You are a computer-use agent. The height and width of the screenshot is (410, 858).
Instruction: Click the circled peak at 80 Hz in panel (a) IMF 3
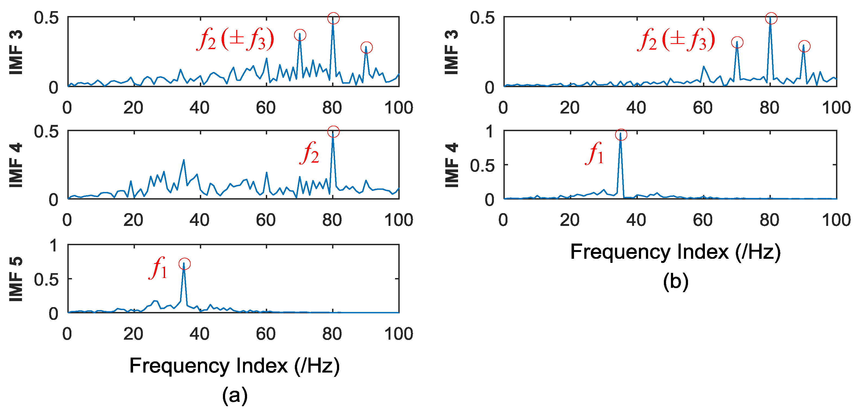[333, 18]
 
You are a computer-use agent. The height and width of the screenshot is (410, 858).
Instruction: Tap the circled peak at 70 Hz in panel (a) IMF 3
[300, 35]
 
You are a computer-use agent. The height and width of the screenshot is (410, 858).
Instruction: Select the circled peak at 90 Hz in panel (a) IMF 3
[366, 48]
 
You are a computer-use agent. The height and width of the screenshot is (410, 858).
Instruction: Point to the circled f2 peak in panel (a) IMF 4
[333, 132]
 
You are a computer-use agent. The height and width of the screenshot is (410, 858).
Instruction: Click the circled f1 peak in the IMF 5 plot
[184, 264]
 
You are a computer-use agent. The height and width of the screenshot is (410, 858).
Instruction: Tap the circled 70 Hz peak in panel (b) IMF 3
[737, 42]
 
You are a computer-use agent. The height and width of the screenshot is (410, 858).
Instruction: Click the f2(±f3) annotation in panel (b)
[676, 40]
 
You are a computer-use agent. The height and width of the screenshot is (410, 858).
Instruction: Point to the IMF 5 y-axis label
[16, 279]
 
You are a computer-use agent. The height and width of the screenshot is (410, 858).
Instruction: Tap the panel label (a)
[235, 395]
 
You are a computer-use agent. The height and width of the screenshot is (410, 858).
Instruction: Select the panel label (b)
[676, 282]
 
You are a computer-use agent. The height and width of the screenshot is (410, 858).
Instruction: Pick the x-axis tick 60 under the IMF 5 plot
[266, 334]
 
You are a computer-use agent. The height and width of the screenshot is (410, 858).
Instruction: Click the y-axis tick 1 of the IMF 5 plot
[53, 245]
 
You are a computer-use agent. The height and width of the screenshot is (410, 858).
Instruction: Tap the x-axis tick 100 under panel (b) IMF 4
[836, 220]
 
